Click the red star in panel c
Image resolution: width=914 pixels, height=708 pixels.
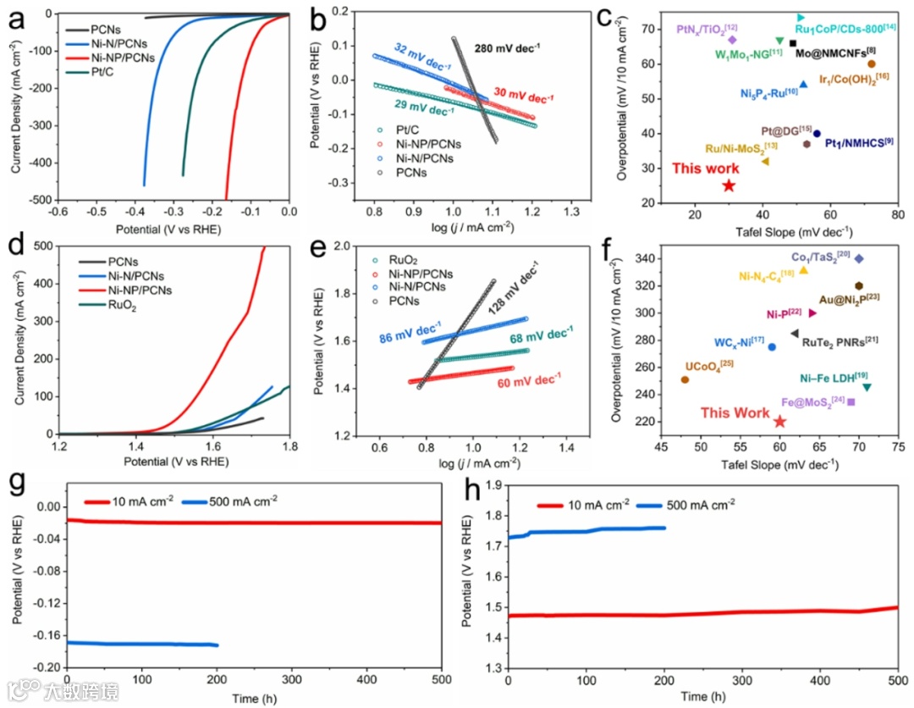[729, 185]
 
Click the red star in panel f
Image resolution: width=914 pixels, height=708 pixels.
[779, 421]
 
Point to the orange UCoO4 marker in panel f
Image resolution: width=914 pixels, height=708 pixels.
[685, 379]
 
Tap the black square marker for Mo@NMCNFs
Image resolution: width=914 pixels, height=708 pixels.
[792, 43]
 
